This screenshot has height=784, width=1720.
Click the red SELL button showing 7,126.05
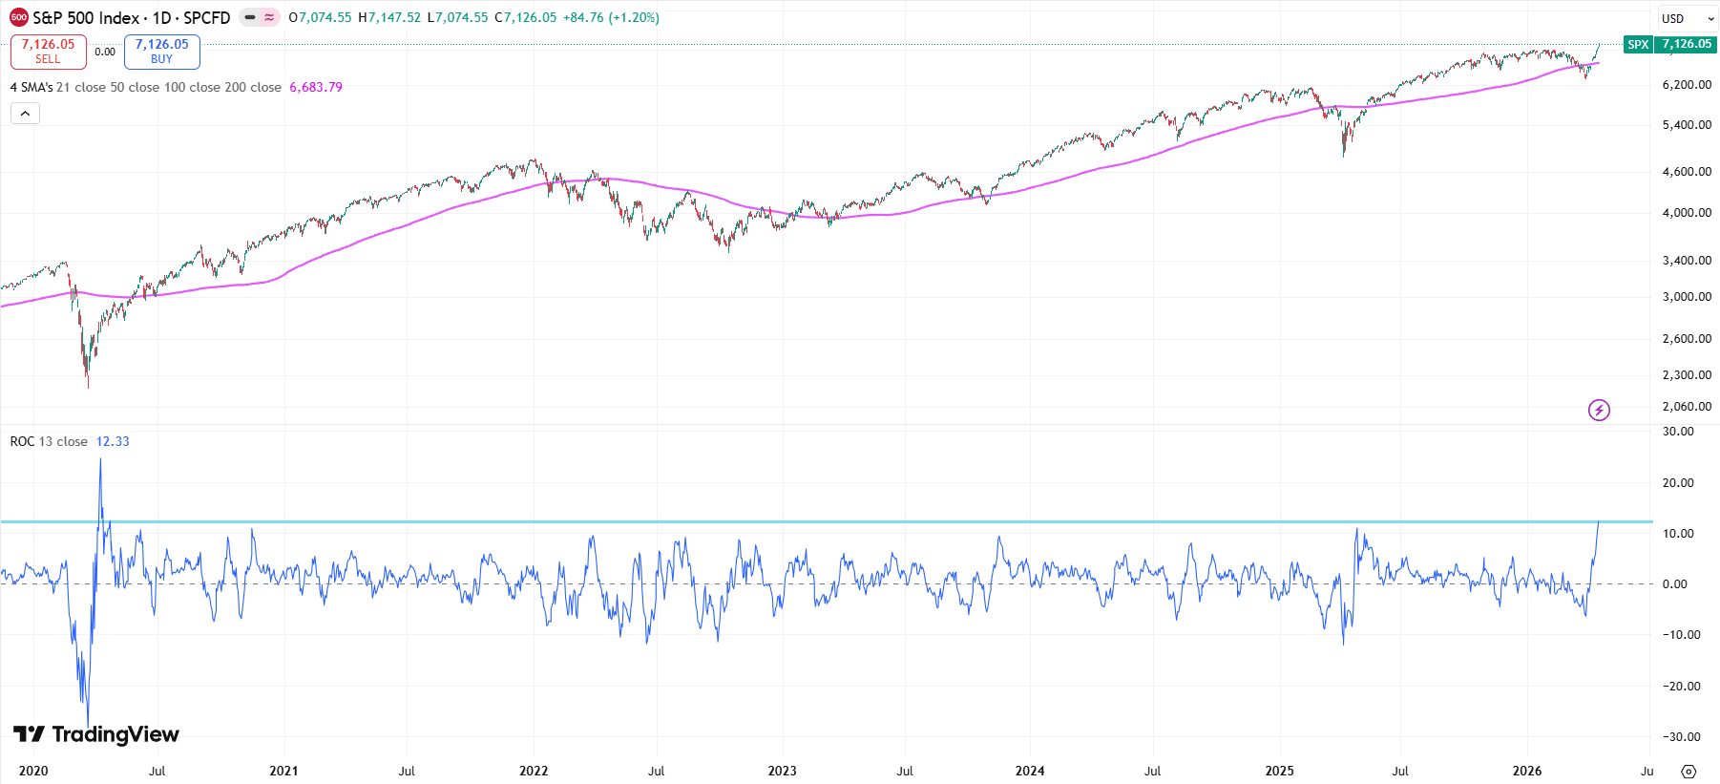pos(48,52)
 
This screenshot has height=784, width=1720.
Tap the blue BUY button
pos(161,52)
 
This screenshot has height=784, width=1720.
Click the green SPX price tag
pos(1638,44)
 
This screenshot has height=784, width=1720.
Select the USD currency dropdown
pos(1687,18)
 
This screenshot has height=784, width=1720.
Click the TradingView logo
pos(96,733)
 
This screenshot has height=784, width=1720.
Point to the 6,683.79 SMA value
pos(316,87)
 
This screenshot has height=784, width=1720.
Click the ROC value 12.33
pos(113,441)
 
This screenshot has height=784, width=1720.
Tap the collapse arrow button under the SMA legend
pos(25,114)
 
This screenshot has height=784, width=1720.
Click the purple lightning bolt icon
pos(1599,411)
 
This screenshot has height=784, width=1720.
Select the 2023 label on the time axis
pos(782,771)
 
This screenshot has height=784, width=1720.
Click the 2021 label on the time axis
pos(283,771)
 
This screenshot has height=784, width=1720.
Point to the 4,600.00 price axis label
pos(1687,172)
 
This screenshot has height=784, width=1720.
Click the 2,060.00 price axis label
pos(1687,407)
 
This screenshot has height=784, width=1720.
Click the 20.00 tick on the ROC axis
pos(1678,483)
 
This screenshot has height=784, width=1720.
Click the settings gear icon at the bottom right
pos(1689,772)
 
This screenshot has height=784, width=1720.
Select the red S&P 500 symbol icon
pos(18,17)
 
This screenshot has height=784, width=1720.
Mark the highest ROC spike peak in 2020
pos(100,459)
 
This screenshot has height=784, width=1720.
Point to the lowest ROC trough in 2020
pos(88,726)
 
